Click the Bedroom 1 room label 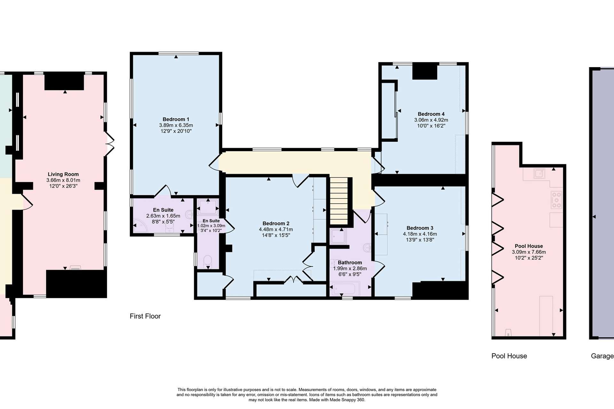[176, 120]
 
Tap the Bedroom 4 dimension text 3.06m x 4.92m [431, 120]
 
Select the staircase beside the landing [339, 201]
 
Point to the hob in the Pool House [556, 200]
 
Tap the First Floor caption [145, 316]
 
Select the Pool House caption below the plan [509, 356]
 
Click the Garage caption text [602, 356]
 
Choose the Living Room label [63, 174]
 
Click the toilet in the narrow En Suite [208, 261]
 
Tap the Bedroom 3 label [420, 228]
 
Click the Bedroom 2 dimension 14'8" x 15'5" [276, 235]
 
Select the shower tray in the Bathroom [338, 237]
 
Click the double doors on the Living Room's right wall [109, 144]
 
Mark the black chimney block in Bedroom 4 [425, 72]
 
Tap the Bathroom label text [350, 263]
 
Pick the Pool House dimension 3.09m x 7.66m [529, 252]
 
